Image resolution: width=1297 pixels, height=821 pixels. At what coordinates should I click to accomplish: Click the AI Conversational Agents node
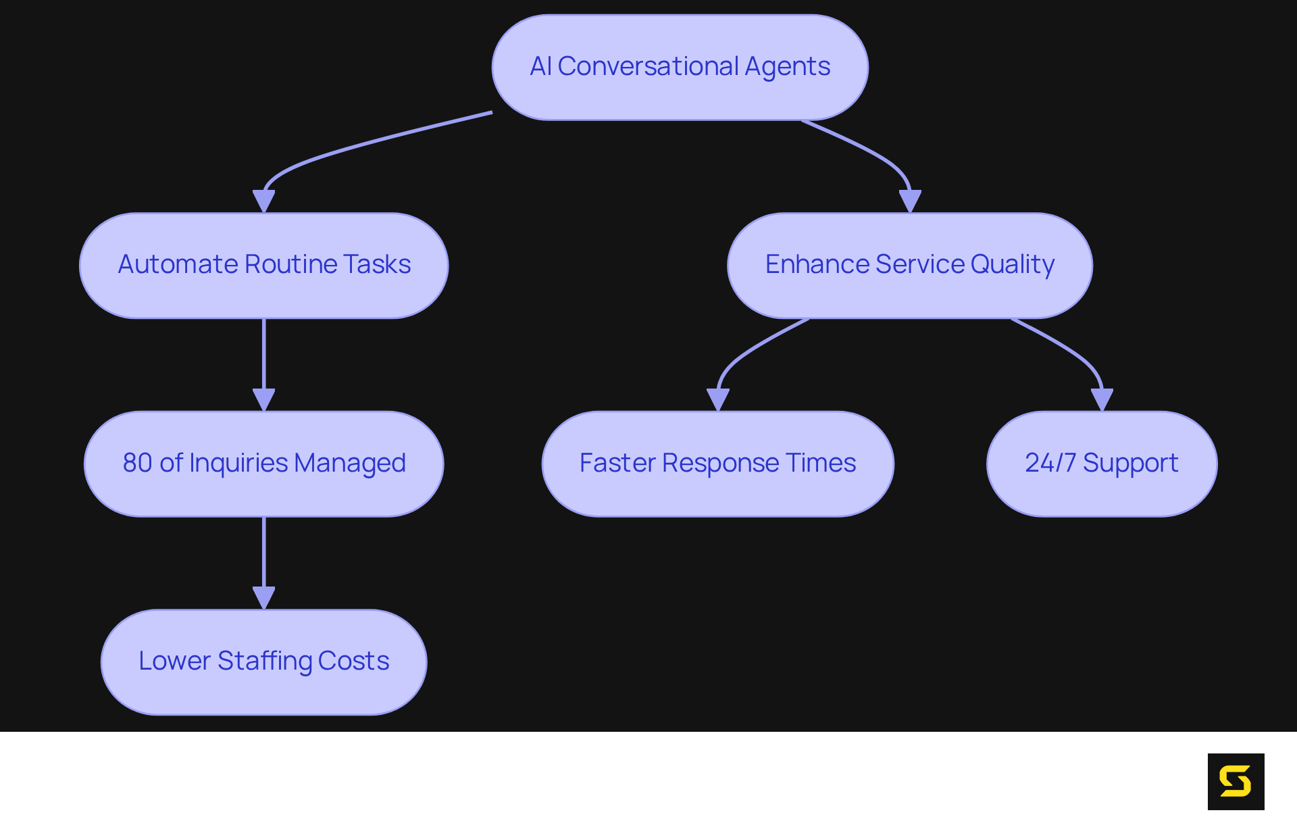coord(680,68)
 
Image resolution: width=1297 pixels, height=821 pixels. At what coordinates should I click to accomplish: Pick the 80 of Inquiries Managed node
coord(263,464)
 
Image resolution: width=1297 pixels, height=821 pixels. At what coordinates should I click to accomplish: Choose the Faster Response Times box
coord(717,464)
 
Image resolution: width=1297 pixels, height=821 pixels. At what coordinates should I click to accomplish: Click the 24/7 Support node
coord(1102,464)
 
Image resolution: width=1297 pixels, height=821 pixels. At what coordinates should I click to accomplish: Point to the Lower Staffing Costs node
coord(263,662)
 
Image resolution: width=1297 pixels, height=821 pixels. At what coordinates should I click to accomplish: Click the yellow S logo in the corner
coord(1236,781)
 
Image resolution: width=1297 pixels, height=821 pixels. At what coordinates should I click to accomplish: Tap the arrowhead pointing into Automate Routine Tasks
coord(263,201)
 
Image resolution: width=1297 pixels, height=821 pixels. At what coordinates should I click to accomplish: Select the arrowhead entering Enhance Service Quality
coord(910,201)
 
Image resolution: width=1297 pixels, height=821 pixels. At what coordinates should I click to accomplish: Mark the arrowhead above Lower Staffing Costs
coord(263,597)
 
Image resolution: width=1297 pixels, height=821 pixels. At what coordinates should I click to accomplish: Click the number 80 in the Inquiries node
coord(137,464)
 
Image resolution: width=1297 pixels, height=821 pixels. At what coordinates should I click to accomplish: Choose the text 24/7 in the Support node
coord(1050,464)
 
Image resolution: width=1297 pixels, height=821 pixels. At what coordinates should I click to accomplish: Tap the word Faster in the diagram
coord(617,464)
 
